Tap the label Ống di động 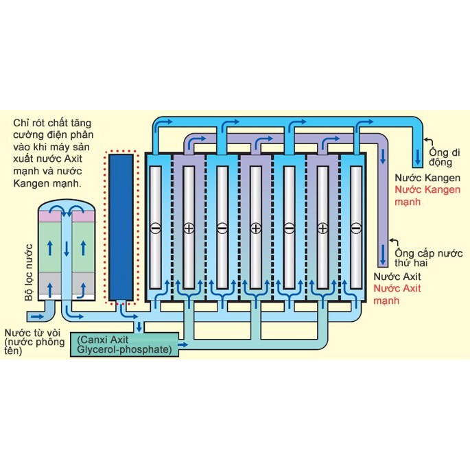pyautogui.click(x=439, y=157)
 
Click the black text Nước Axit pyautogui.click(x=392, y=277)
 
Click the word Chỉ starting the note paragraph pyautogui.click(x=20, y=124)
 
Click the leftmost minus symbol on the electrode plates pyautogui.click(x=155, y=228)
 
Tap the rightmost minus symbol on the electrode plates pyautogui.click(x=355, y=228)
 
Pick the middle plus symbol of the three pyautogui.click(x=255, y=228)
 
